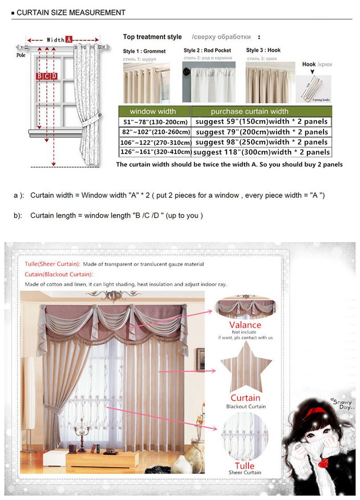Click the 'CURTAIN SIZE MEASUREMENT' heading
71,12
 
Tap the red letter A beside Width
68,40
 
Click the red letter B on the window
39,77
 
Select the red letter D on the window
54,77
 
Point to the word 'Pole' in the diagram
21,55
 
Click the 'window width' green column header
153,111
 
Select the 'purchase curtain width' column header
249,111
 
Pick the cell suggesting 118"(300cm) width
262,152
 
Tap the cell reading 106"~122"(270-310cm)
155,142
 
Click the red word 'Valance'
245,325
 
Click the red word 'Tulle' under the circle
244,465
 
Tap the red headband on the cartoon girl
316,413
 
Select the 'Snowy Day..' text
341,404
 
